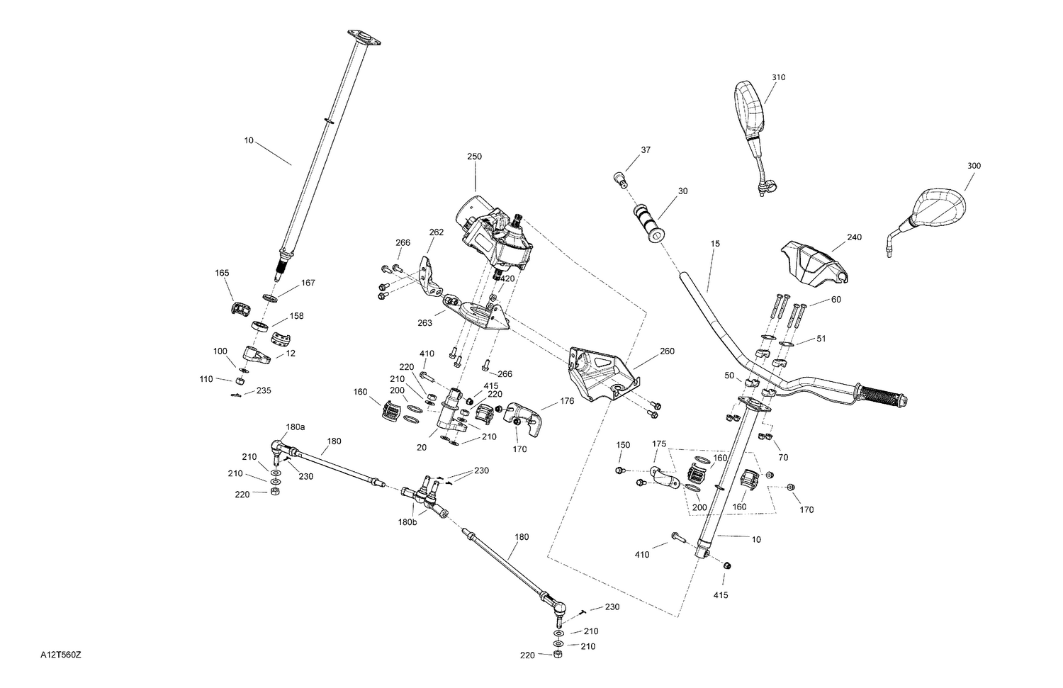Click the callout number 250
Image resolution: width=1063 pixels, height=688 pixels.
click(x=474, y=156)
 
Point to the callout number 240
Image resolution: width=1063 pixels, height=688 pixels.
click(x=855, y=237)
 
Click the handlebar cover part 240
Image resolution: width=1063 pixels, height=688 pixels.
click(x=814, y=262)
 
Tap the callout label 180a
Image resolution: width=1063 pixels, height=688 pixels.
click(x=296, y=427)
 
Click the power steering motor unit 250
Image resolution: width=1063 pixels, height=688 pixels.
click(x=496, y=230)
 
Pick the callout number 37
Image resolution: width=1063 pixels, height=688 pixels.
click(x=645, y=150)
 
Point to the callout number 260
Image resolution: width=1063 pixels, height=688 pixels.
click(x=667, y=351)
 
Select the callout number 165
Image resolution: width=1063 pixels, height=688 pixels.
click(x=223, y=273)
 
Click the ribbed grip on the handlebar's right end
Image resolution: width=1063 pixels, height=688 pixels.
click(x=882, y=395)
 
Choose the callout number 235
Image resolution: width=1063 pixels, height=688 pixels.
click(x=263, y=390)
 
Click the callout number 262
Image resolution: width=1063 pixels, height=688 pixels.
click(x=436, y=232)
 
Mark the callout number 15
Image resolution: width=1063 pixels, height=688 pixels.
click(x=715, y=244)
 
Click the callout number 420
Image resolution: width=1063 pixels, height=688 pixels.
click(x=507, y=278)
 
